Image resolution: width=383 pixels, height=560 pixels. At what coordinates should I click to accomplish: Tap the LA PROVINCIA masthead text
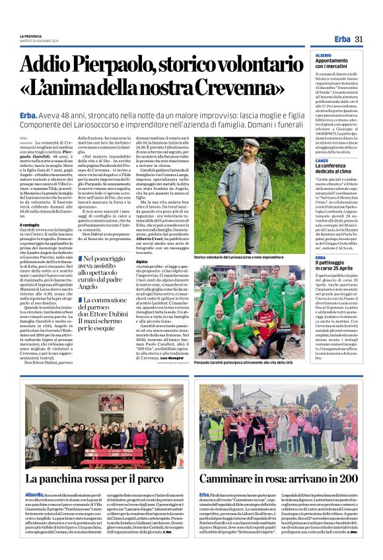pyautogui.click(x=31, y=36)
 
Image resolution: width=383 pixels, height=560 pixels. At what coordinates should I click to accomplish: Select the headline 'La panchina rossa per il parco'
pyautogui.click(x=94, y=480)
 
